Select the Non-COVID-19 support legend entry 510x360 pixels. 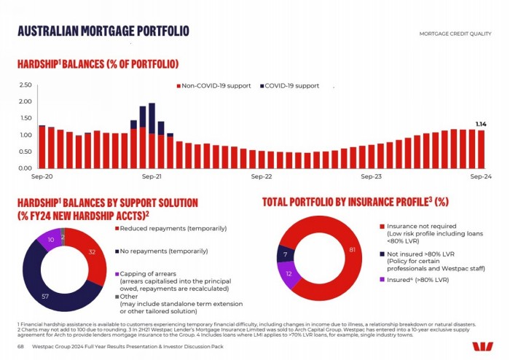(x=213, y=86)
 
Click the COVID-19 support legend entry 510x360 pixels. (x=291, y=86)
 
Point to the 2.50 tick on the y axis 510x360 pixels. (x=25, y=86)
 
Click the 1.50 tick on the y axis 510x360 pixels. (x=25, y=119)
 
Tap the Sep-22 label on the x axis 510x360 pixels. (x=261, y=176)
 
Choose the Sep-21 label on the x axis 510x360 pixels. (x=152, y=176)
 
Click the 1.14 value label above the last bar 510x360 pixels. (x=481, y=124)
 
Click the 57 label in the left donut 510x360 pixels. (x=44, y=297)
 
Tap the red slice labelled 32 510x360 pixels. (x=90, y=252)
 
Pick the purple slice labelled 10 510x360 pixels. (x=50, y=239)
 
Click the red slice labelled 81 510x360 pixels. (x=351, y=251)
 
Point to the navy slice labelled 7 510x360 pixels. (x=284, y=254)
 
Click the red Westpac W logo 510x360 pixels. (x=482, y=347)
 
